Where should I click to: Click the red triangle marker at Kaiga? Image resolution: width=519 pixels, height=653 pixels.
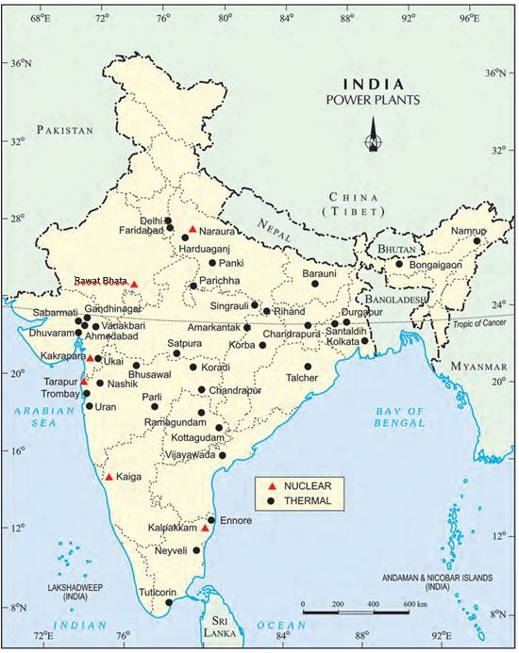(109, 477)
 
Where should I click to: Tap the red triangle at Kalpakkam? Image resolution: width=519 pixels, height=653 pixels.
(205, 529)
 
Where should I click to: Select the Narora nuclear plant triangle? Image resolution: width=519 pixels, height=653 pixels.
(193, 229)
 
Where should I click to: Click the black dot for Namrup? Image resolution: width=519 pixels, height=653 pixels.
(477, 240)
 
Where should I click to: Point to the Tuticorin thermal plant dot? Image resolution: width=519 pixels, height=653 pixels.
(169, 602)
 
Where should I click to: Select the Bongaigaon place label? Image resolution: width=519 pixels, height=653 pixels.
(435, 266)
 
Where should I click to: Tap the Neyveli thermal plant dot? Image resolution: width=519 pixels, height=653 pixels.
(196, 550)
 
